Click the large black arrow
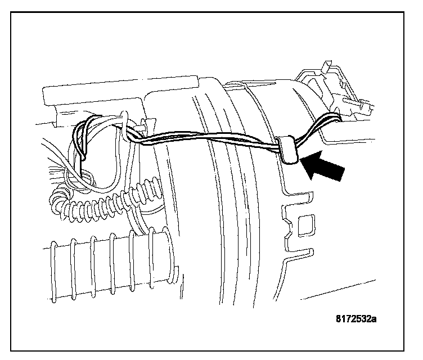coord(323,168)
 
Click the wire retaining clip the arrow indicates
coord(287,151)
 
